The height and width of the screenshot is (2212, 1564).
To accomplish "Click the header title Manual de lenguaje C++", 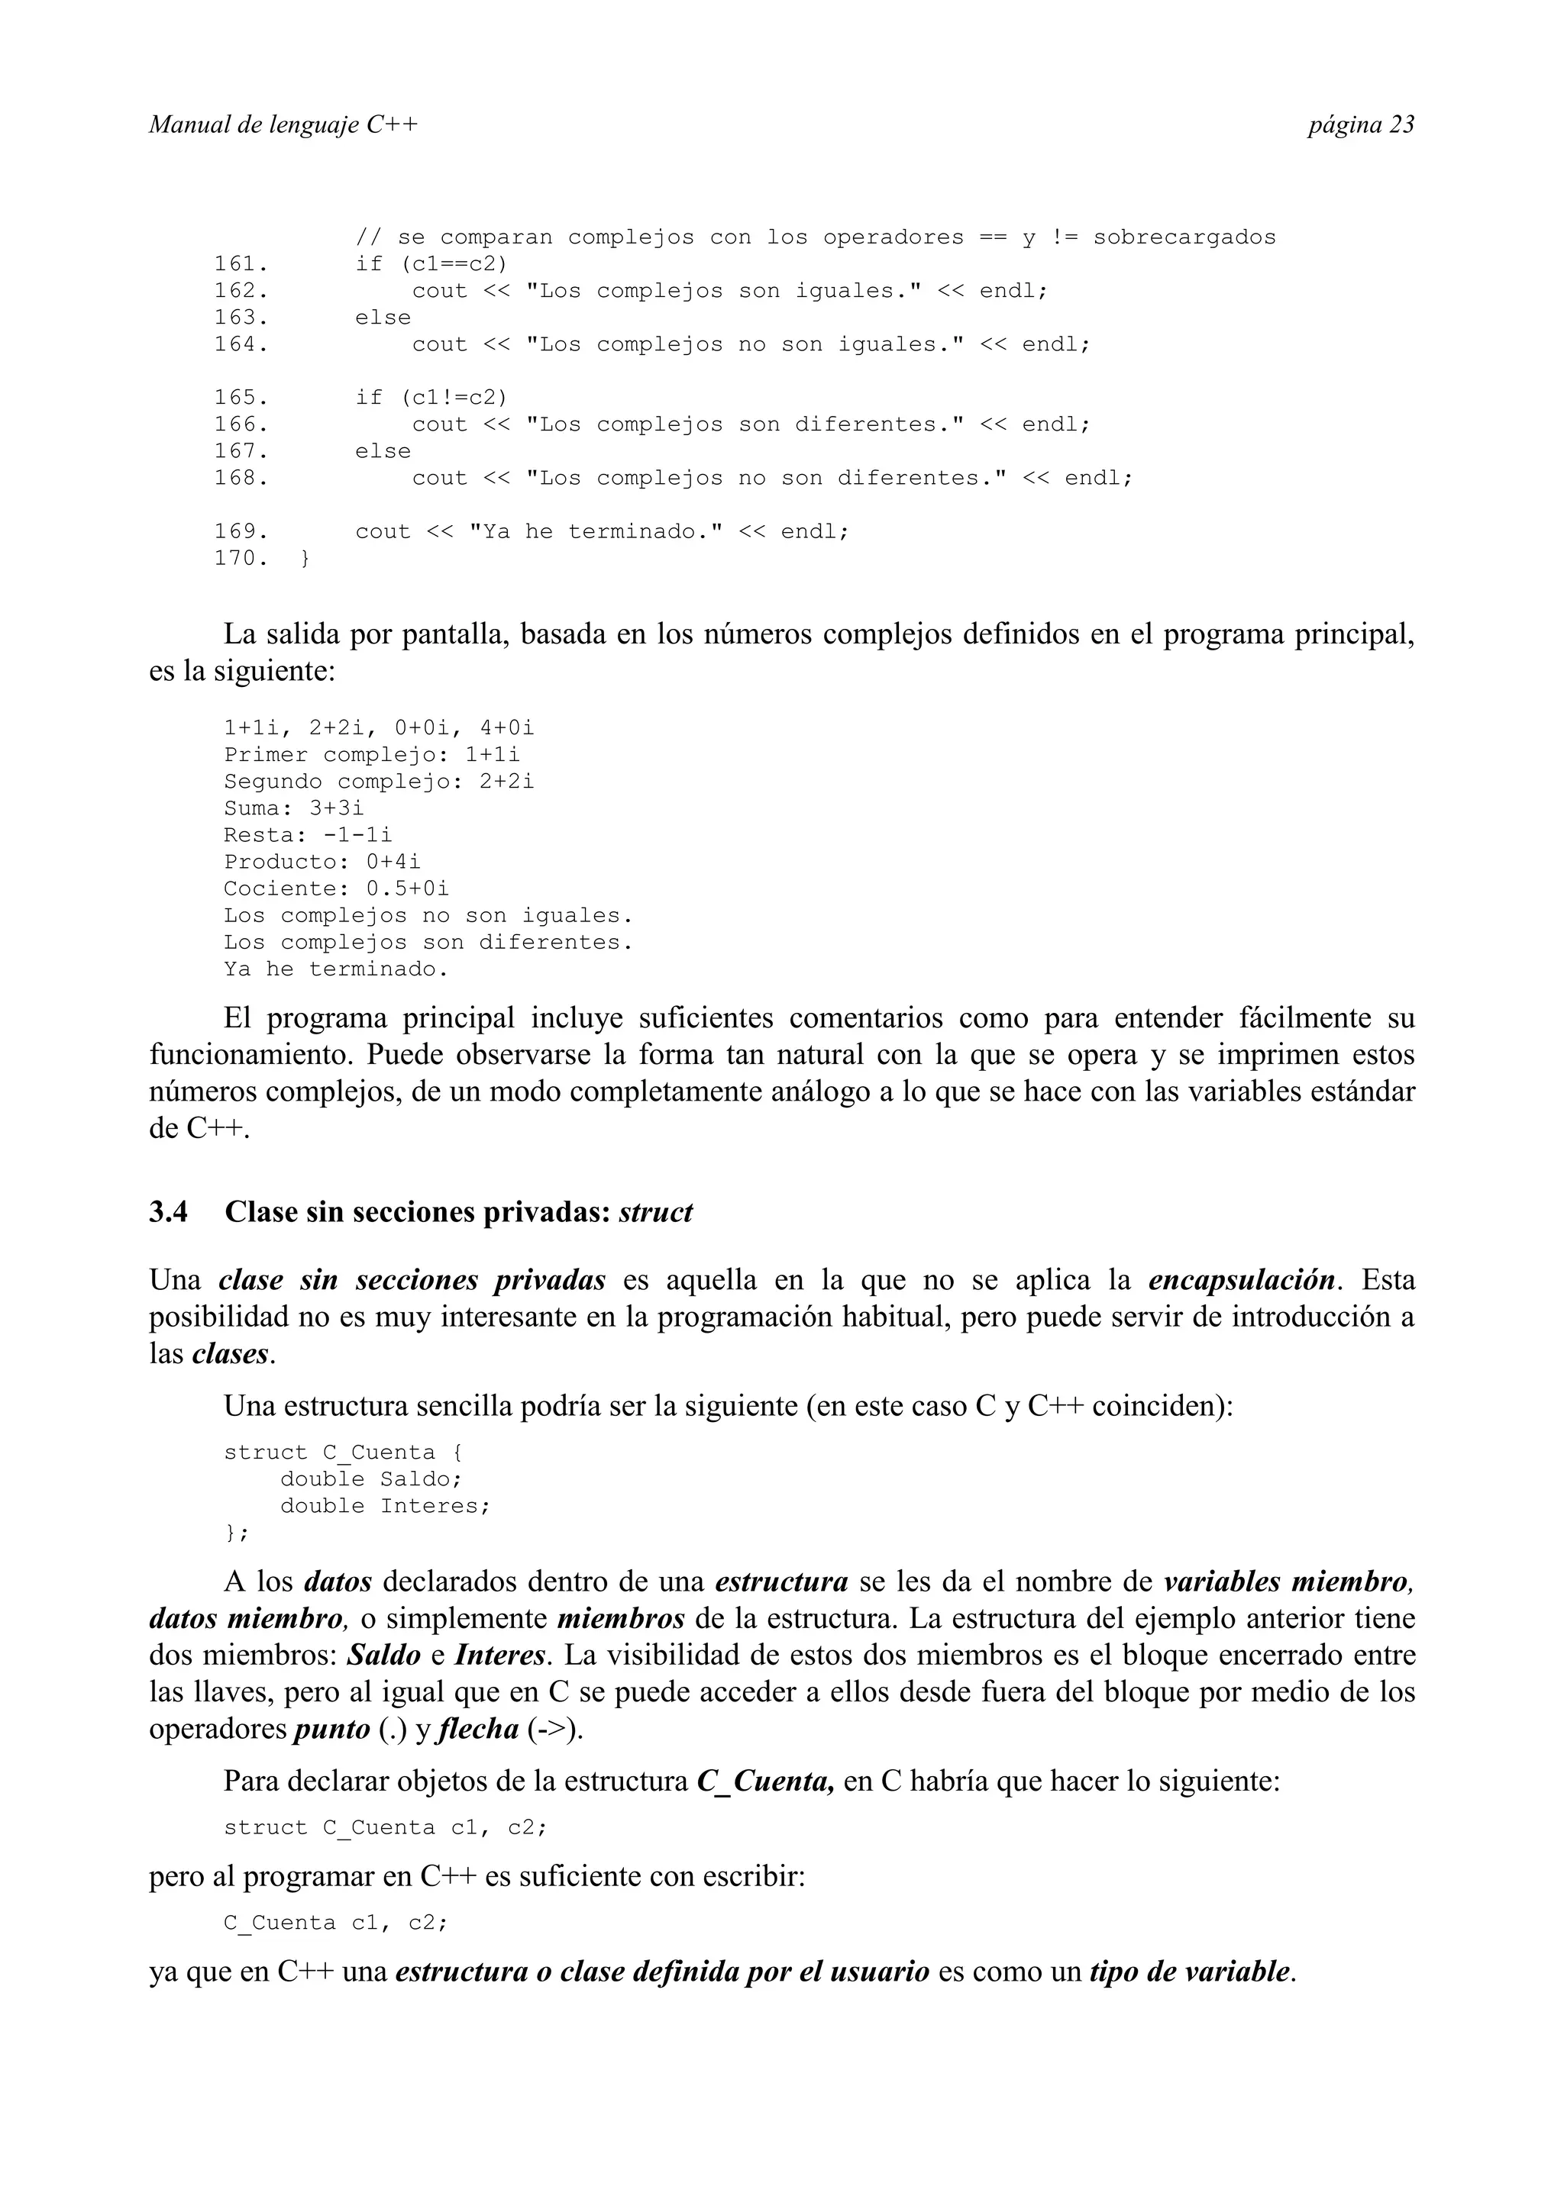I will [x=283, y=124].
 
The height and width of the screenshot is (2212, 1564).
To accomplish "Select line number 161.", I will [x=241, y=264].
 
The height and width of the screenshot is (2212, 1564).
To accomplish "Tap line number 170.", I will [x=241, y=559].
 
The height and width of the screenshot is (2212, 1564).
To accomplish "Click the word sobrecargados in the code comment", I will [x=1184, y=237].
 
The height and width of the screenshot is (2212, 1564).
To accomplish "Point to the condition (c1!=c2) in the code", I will [x=454, y=398].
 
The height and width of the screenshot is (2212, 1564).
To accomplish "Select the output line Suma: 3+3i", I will [x=294, y=808].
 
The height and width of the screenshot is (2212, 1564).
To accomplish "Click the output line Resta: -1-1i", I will [x=308, y=835].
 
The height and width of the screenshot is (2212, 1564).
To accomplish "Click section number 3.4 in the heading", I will [x=169, y=1212].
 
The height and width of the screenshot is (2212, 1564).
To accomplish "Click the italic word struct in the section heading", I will [x=655, y=1212].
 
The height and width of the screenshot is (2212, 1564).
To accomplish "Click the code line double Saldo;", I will [x=371, y=1478].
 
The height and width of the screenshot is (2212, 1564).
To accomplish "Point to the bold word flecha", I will [x=478, y=1730].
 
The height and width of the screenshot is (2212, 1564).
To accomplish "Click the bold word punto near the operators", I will [x=331, y=1730].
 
